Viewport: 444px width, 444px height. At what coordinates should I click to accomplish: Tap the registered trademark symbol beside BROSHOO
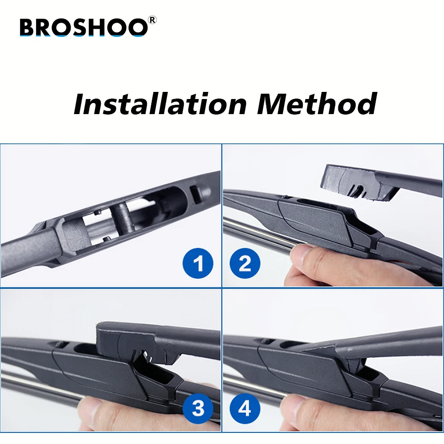pyautogui.click(x=152, y=20)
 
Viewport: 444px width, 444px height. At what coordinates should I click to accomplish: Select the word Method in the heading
pyautogui.click(x=317, y=104)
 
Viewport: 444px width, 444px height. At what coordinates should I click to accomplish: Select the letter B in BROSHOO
pyautogui.click(x=28, y=28)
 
